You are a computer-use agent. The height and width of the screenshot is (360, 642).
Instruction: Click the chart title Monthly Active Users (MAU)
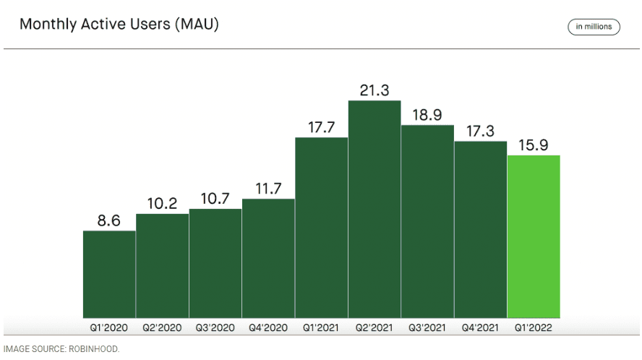[x=119, y=24]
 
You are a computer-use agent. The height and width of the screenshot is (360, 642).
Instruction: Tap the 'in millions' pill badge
[x=594, y=27]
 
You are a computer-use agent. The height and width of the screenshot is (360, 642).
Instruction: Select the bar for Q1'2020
[x=109, y=274]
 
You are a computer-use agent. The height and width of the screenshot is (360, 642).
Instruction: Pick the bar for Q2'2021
[x=374, y=209]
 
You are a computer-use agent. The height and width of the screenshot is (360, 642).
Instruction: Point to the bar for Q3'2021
[x=427, y=221]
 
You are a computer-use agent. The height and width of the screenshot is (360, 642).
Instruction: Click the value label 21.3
[x=374, y=90]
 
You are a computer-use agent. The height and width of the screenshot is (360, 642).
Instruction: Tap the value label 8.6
[x=109, y=220]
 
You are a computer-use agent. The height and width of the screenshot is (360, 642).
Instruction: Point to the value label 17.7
[x=321, y=127]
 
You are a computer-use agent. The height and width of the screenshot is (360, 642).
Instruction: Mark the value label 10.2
[x=162, y=204]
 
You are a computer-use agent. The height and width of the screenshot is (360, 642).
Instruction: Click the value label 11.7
[x=268, y=189]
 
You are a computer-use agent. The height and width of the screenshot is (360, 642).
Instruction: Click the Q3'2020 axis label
[x=215, y=327]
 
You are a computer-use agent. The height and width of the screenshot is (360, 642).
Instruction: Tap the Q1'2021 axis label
[x=321, y=327]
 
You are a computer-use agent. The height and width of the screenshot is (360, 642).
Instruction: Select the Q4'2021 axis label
[x=481, y=327]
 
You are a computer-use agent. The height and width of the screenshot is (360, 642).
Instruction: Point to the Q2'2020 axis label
[x=162, y=327]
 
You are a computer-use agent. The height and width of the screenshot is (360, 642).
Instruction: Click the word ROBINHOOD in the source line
[x=93, y=349]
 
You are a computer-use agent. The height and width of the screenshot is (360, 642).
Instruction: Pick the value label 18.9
[x=427, y=116]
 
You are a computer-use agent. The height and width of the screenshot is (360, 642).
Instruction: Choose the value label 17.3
[x=481, y=132]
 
